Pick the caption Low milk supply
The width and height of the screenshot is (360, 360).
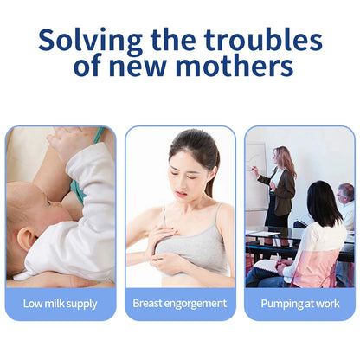[x=61, y=304]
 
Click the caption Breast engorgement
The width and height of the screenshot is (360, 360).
[x=180, y=304]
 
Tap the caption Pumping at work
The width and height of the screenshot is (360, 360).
[x=299, y=304]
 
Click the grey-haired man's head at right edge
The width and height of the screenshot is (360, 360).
[x=346, y=193]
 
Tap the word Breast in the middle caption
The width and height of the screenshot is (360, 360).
[x=148, y=304]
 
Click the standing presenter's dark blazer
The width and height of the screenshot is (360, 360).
[x=284, y=186]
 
